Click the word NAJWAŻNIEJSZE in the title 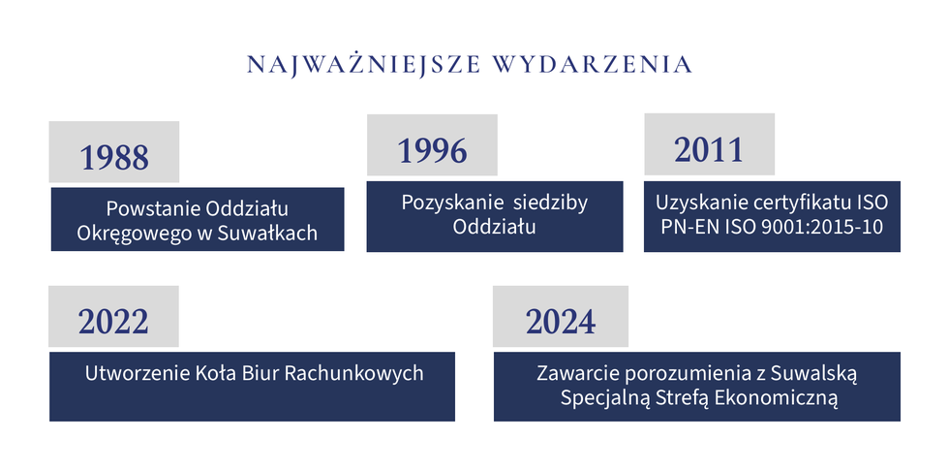click(x=364, y=64)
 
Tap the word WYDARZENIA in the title click(x=593, y=64)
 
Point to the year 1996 click(x=432, y=151)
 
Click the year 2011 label click(x=709, y=149)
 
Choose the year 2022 click(x=113, y=322)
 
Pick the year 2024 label click(x=561, y=322)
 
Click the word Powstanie click(x=153, y=209)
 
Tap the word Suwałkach click(x=266, y=234)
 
